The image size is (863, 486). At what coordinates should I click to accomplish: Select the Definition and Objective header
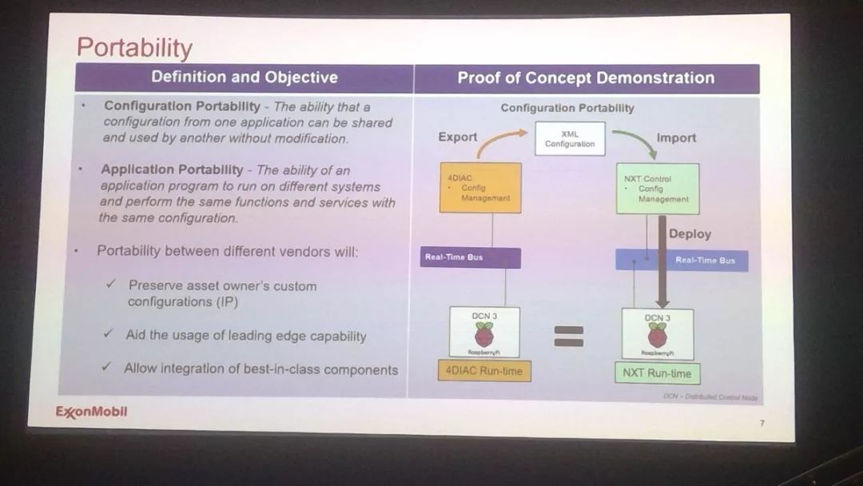245,78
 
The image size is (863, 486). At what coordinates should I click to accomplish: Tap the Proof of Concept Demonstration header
586,78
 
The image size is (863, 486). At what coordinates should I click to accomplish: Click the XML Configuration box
570,139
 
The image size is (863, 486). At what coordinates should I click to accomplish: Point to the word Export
457,137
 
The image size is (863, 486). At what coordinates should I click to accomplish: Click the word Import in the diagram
676,137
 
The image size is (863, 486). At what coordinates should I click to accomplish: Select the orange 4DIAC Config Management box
480,188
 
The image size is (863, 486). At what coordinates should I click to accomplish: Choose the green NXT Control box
658,189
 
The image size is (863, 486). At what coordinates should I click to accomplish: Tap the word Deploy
690,234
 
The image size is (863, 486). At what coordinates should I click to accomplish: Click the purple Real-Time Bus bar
471,257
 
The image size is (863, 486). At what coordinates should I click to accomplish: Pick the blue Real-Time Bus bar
682,260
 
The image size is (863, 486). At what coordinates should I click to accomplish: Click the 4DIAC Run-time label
484,370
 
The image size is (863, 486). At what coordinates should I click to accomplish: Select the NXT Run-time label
658,372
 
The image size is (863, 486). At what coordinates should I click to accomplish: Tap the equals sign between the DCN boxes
569,336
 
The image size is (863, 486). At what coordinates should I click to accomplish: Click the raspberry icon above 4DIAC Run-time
483,334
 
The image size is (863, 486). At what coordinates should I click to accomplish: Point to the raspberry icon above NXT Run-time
658,336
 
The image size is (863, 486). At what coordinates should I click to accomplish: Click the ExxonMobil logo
91,412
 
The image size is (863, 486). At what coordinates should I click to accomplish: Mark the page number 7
762,423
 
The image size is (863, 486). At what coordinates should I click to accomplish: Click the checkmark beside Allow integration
105,368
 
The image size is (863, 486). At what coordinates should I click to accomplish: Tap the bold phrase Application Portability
172,169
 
